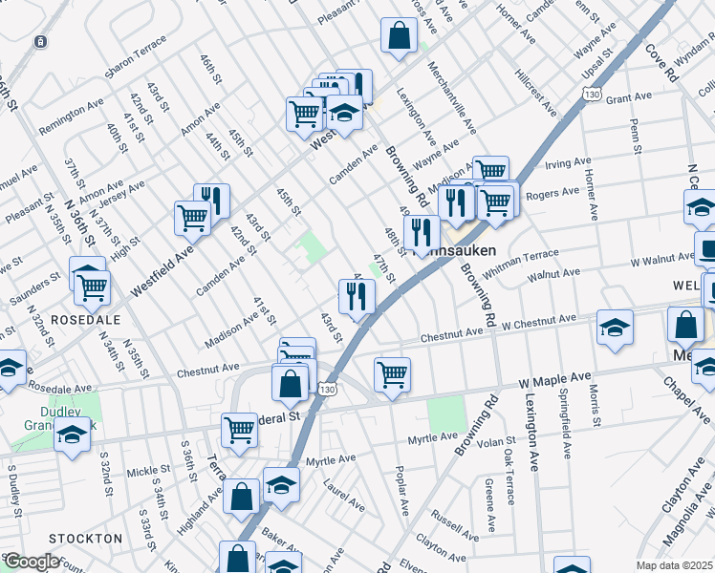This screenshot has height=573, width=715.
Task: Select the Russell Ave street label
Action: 449,520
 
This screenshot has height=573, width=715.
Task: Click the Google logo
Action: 32,562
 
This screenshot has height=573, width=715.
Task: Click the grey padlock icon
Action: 40,42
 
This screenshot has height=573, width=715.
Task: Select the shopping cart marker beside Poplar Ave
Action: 392,374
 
